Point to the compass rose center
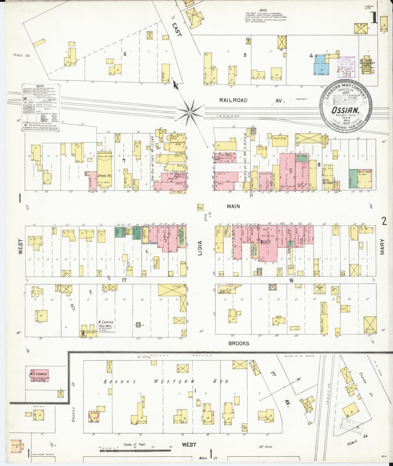point(190,112)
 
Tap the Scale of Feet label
point(135,445)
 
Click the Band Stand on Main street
point(200,207)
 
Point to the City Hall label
point(223,155)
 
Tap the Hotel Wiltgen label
point(327,181)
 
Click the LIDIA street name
point(200,248)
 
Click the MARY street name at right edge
point(382,247)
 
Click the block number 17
point(124,280)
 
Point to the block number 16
point(291,280)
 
